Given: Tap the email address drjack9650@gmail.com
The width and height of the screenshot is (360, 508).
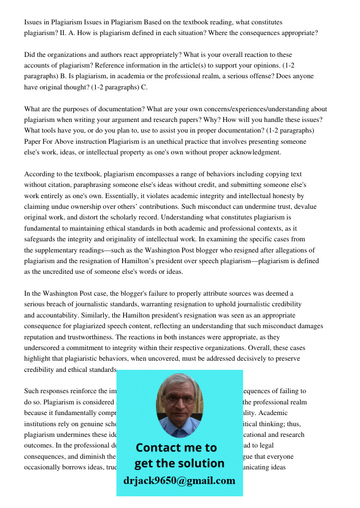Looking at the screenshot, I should pyautogui.click(x=179, y=481).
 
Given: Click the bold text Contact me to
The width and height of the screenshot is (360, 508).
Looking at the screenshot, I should pyautogui.click(x=176, y=448).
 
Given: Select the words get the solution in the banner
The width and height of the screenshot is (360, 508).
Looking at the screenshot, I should pyautogui.click(x=179, y=463).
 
